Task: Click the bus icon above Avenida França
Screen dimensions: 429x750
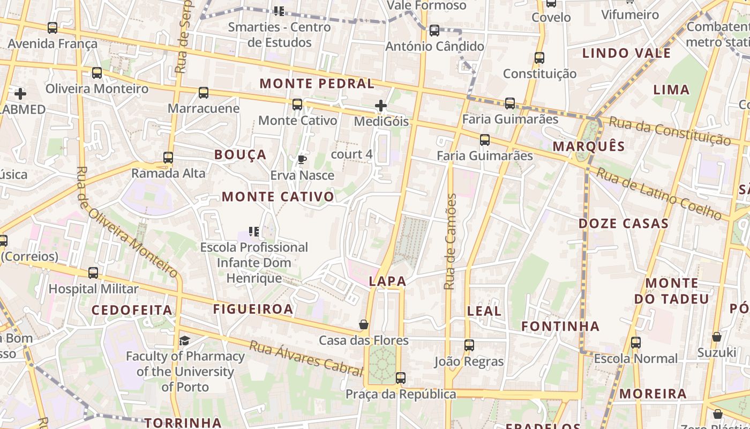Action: [52, 28]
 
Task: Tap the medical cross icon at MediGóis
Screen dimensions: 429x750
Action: [381, 106]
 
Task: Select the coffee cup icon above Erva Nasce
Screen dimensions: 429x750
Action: [302, 159]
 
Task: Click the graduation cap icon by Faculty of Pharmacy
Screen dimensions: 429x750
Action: [184, 341]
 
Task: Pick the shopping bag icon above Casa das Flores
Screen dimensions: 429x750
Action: [364, 324]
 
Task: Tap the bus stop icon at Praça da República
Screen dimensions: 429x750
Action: [400, 378]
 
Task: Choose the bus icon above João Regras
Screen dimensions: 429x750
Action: [469, 345]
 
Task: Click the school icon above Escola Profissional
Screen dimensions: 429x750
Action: [254, 232]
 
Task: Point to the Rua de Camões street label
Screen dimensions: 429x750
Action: [451, 241]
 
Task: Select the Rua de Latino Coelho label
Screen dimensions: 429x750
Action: [659, 194]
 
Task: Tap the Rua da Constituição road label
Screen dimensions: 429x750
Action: [670, 131]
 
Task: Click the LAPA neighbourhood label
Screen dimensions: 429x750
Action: [387, 281]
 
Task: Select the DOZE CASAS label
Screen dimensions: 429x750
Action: [624, 224]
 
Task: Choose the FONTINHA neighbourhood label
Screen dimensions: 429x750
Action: [560, 326]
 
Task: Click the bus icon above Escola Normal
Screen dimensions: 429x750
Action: [636, 342]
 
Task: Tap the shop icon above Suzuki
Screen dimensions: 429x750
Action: [717, 337]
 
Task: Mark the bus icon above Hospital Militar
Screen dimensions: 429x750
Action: [93, 273]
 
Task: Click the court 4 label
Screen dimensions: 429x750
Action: [351, 154]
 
